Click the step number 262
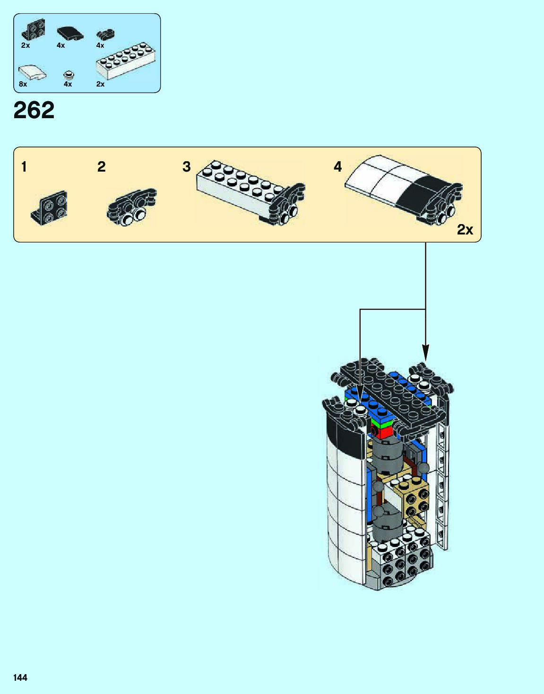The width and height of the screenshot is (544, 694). point(34,110)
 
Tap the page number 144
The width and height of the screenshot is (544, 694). point(20,677)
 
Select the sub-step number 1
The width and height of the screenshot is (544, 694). point(24,167)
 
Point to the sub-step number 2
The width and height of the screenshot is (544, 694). point(102,167)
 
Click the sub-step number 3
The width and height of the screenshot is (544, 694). point(187,167)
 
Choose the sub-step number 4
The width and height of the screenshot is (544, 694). point(337,167)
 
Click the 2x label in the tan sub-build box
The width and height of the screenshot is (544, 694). point(465,230)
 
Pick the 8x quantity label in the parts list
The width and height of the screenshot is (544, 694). point(23,84)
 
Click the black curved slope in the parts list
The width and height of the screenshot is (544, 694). point(70,33)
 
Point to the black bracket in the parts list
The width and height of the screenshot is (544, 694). point(33,30)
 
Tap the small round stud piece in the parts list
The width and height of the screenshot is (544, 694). point(69,75)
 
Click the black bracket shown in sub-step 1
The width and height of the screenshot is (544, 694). point(50,208)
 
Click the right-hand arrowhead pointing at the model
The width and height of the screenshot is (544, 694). point(425,352)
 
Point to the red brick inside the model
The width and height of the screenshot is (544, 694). point(383,432)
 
